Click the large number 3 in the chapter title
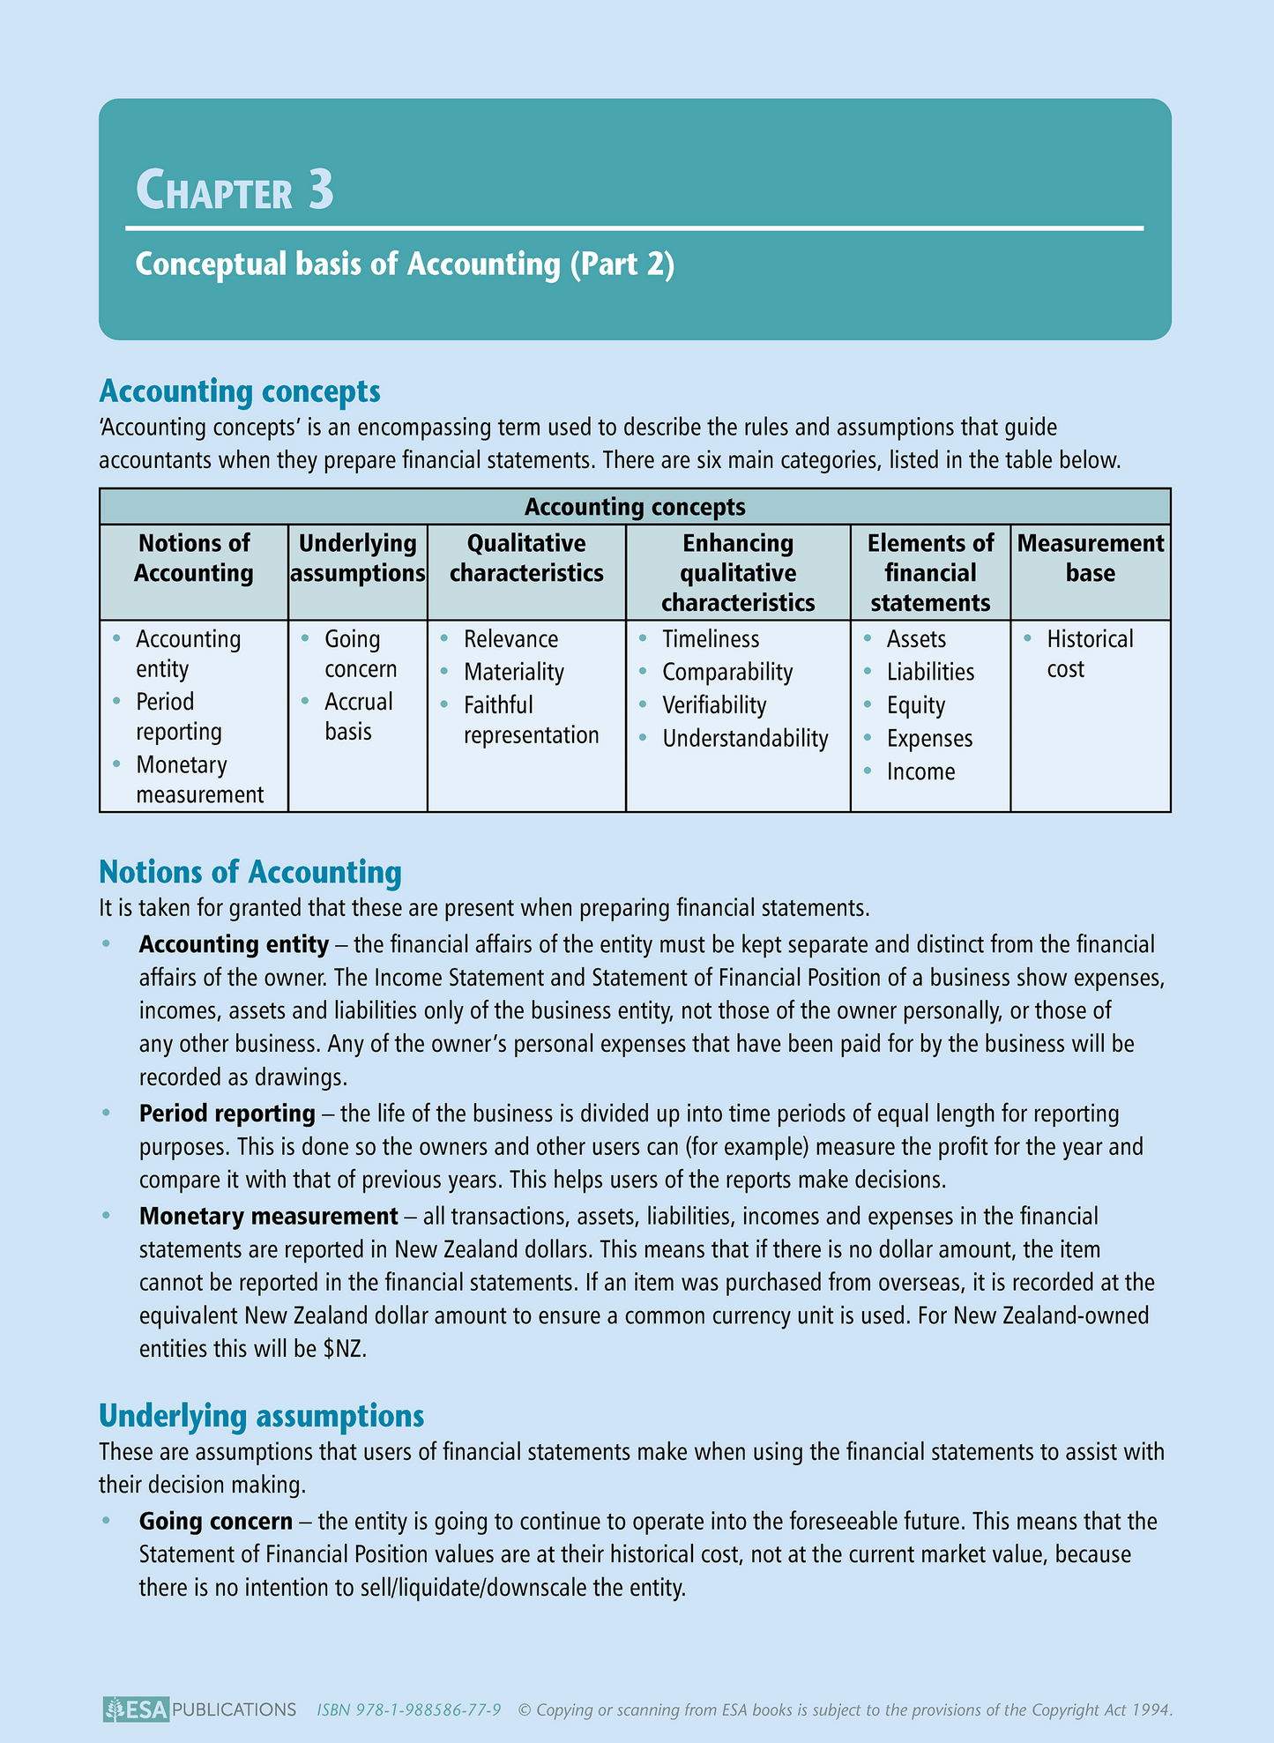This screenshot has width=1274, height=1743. click(x=321, y=189)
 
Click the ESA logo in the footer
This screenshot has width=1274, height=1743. click(x=136, y=1709)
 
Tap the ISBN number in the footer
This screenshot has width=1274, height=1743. click(x=409, y=1710)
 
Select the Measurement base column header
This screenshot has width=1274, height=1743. click(x=1091, y=558)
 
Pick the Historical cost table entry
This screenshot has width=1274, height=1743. click(x=1090, y=653)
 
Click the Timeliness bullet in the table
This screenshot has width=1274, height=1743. click(x=711, y=639)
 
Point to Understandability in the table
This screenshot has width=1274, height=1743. click(x=745, y=739)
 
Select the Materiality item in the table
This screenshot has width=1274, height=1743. click(x=514, y=673)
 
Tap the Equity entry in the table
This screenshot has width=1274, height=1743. click(x=916, y=706)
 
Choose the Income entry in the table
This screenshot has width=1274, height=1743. click(x=920, y=772)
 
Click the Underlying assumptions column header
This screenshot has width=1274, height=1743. click(x=358, y=558)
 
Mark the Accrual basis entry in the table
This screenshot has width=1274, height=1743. click(x=358, y=717)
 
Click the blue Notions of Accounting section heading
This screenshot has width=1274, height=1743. click(x=250, y=872)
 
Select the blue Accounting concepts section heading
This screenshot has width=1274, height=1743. click(x=240, y=391)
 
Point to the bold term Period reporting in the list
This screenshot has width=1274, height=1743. click(x=227, y=1114)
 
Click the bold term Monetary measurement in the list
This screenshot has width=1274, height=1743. click(x=268, y=1217)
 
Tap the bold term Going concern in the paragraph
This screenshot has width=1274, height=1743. click(x=215, y=1522)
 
